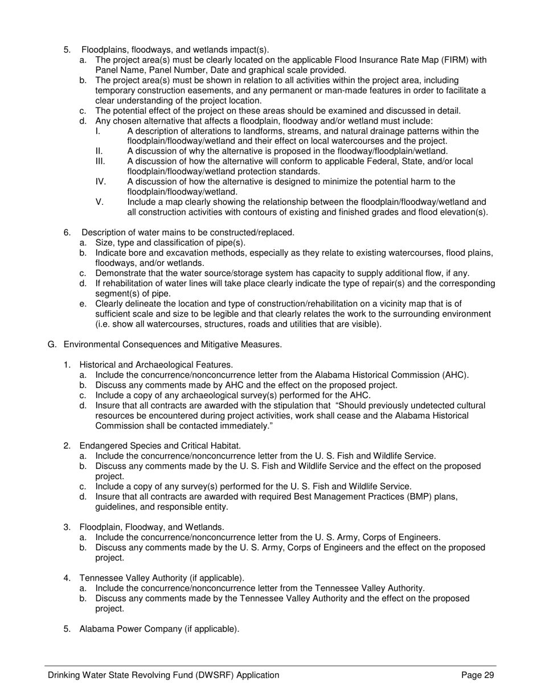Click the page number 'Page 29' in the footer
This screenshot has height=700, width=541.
pyautogui.click(x=477, y=675)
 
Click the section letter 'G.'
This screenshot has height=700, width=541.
pyautogui.click(x=52, y=344)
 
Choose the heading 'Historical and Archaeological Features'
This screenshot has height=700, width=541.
pyautogui.click(x=156, y=364)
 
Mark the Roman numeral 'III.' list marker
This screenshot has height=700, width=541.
pyautogui.click(x=100, y=162)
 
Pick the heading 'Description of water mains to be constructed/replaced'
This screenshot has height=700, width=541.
pyautogui.click(x=188, y=232)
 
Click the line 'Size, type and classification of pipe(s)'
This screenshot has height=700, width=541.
pyautogui.click(x=170, y=242)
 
